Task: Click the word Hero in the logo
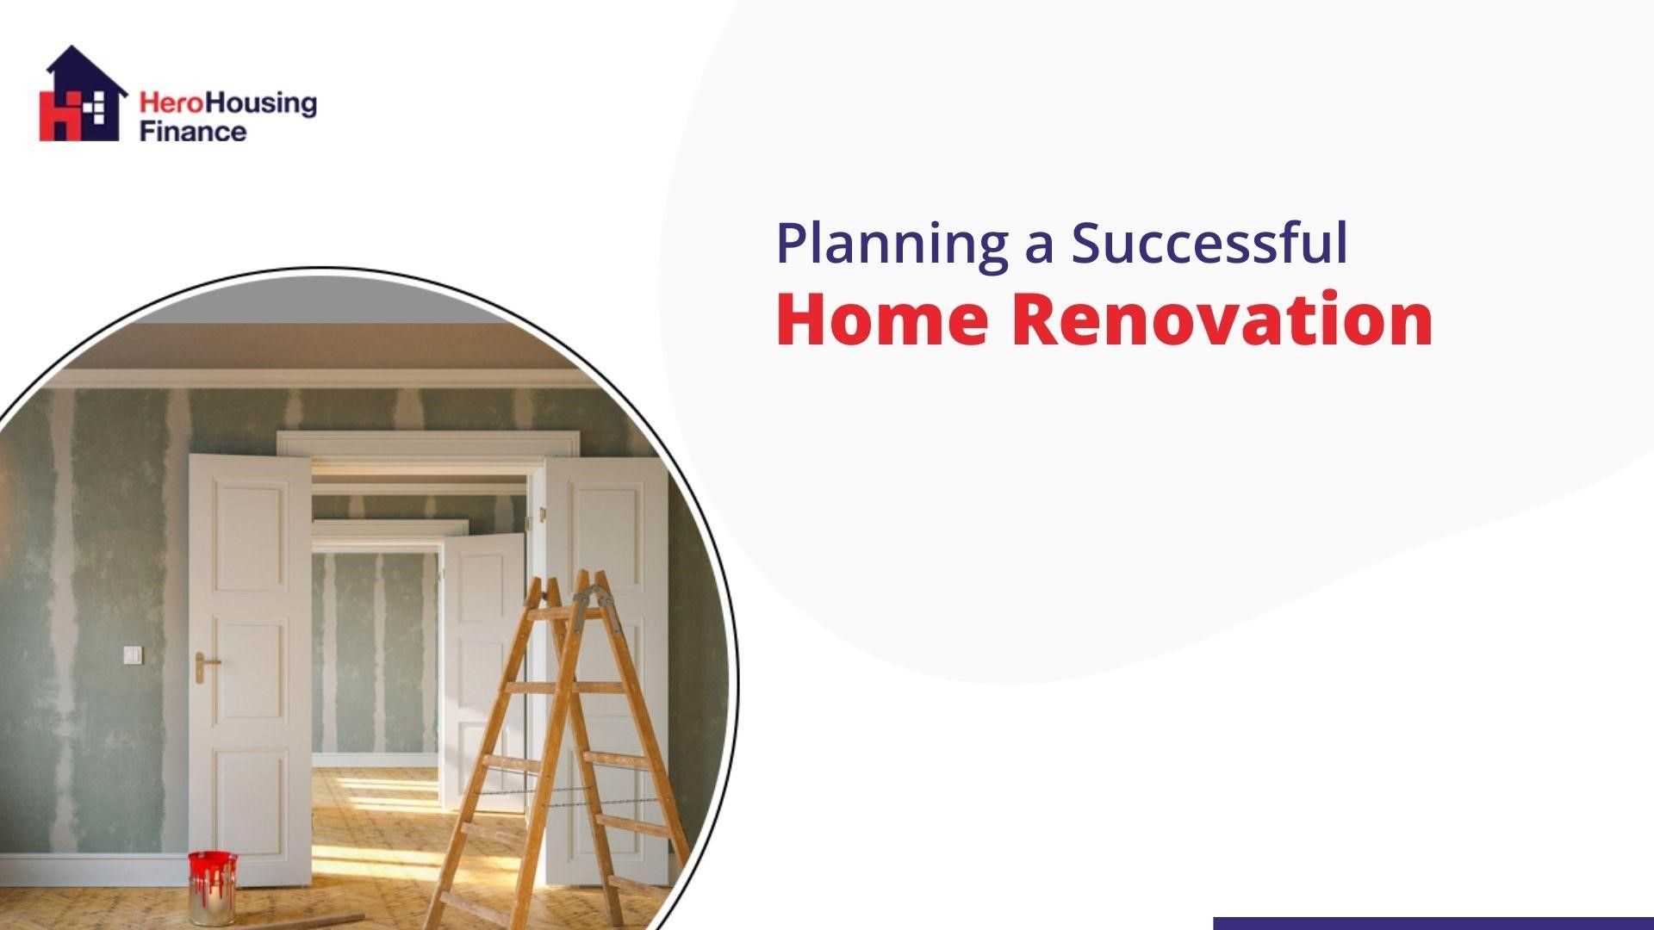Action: coord(161,105)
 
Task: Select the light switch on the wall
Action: coord(133,656)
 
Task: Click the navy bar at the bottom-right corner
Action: coord(1433,923)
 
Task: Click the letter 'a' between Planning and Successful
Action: coord(1039,245)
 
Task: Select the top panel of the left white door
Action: coord(250,538)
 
